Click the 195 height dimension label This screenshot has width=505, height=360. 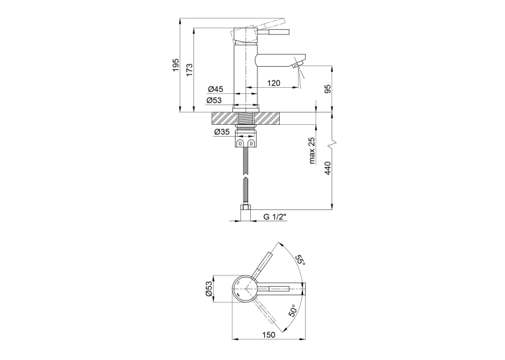[175, 65]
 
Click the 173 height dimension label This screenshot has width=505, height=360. [189, 69]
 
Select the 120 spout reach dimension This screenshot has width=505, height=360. [274, 83]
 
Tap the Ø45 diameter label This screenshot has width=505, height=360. [215, 89]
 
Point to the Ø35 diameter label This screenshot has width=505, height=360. [222, 132]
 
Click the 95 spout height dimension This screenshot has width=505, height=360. [327, 89]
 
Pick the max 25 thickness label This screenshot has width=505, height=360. [312, 150]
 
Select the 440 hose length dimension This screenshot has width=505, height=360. [327, 168]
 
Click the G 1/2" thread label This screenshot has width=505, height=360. [275, 217]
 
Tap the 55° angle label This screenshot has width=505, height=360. [300, 259]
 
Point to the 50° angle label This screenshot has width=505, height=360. [292, 310]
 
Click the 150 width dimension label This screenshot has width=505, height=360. [269, 335]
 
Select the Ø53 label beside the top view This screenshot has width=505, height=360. [209, 289]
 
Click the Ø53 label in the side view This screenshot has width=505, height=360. [214, 100]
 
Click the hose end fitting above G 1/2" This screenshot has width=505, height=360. [246, 213]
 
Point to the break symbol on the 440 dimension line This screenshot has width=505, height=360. [332, 145]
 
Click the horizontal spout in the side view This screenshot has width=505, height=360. [279, 60]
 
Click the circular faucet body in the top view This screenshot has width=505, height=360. [245, 289]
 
